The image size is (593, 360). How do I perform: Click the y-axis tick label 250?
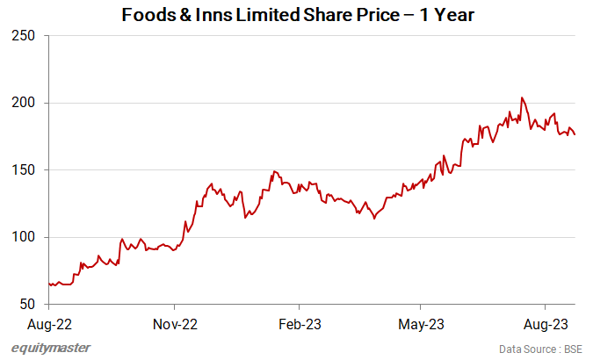(x=24, y=36)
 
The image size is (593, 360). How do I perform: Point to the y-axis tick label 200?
(x=24, y=103)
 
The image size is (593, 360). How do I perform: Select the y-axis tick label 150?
(x=24, y=170)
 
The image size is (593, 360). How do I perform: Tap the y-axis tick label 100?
(x=24, y=237)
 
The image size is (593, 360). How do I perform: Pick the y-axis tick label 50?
(x=27, y=305)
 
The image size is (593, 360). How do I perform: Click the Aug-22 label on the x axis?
(x=49, y=324)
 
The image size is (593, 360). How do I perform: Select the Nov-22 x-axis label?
(x=175, y=324)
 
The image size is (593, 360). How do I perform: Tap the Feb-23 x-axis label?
(x=299, y=324)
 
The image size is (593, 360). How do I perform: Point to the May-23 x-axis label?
(x=422, y=324)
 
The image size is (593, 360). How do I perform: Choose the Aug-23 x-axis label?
(x=546, y=324)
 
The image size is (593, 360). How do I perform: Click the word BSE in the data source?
(x=574, y=349)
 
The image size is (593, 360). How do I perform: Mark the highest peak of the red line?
(x=522, y=97)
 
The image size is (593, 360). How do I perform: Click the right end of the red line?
(x=575, y=134)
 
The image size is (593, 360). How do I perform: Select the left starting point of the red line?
(x=49, y=284)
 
